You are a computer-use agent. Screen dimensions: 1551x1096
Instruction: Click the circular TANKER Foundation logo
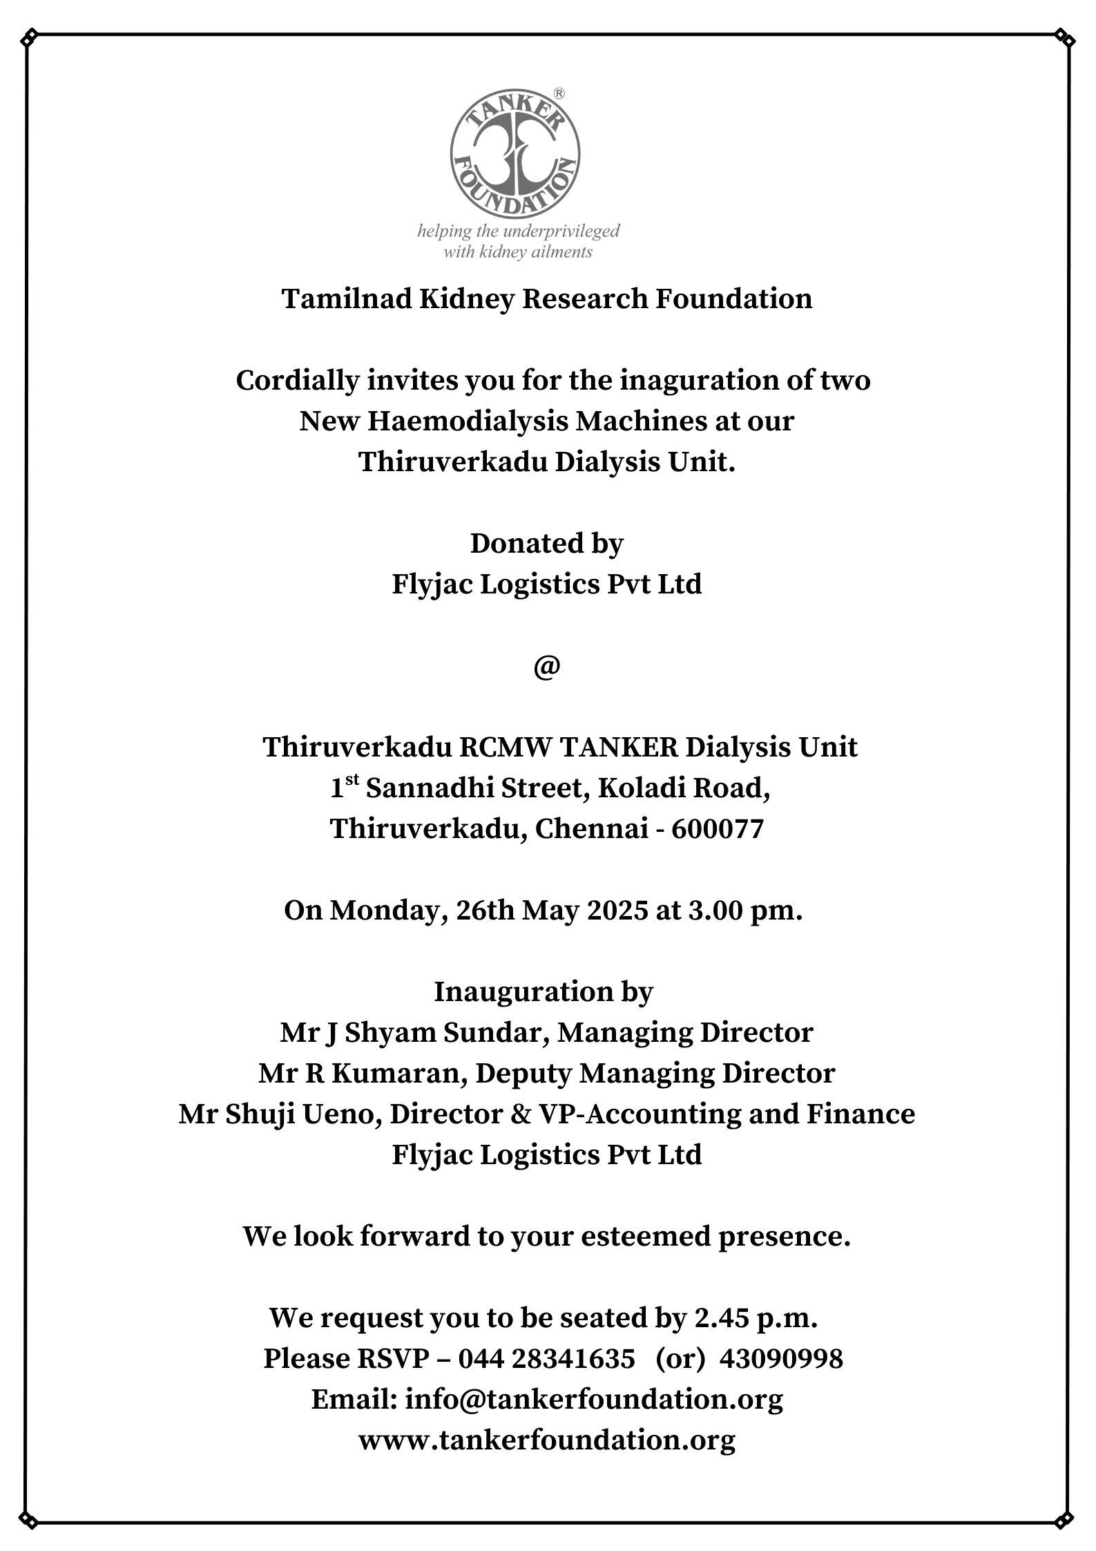[514, 158]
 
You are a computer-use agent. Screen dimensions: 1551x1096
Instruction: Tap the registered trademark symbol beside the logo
[559, 93]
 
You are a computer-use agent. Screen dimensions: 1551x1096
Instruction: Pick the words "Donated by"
[546, 544]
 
